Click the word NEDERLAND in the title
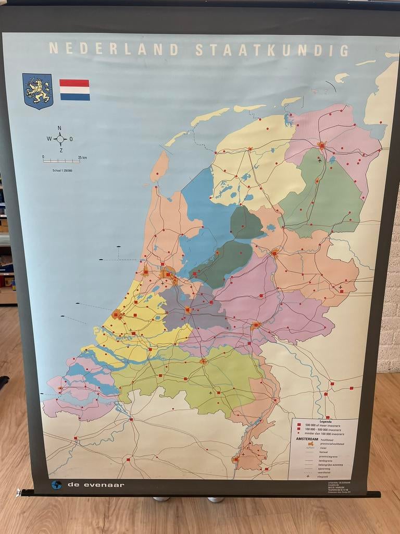click(114, 49)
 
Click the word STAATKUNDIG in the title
click(272, 50)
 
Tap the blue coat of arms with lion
click(37, 91)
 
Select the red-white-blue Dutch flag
click(74, 90)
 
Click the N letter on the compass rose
click(60, 128)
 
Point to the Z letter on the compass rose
click(60, 150)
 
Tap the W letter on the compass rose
click(49, 139)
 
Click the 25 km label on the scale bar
click(83, 157)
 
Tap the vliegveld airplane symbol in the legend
click(308, 476)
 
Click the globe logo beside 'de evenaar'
click(56, 485)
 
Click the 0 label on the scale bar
click(44, 157)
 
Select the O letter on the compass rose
click(71, 139)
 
